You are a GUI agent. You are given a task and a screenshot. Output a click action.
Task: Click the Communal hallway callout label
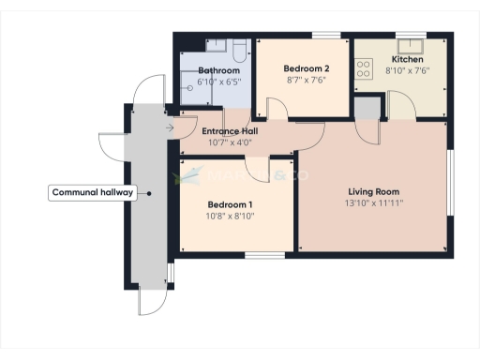pos(93,193)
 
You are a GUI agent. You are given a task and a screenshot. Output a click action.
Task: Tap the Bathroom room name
pos(218,70)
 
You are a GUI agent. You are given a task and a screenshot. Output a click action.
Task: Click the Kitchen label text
pos(407,59)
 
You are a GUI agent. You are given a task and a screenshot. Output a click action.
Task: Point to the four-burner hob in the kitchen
pos(364,68)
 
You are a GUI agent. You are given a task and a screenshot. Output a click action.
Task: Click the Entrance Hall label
pos(231,131)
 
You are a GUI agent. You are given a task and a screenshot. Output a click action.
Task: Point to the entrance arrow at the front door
pos(170,127)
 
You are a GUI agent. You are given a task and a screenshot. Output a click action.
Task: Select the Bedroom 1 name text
pos(231,203)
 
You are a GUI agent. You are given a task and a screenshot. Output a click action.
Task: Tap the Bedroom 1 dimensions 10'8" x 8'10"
pos(231,215)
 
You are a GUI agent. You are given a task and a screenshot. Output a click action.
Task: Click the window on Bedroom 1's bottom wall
pos(265,255)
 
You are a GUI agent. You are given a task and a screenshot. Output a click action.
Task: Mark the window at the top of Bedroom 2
pos(325,36)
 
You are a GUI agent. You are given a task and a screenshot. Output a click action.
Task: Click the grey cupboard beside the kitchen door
pos(367,108)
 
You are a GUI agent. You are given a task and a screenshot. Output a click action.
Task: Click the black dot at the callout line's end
pos(149,193)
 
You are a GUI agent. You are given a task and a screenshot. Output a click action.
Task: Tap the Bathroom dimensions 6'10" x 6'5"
pos(218,82)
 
